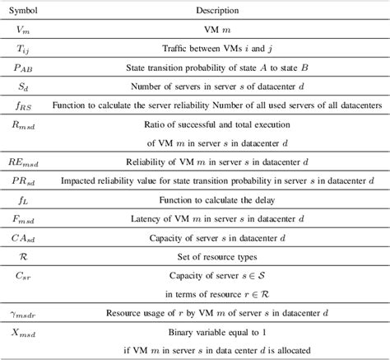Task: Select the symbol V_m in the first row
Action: point(24,30)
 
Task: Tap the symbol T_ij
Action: point(24,49)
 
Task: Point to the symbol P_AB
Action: point(25,68)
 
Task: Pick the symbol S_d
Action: point(24,86)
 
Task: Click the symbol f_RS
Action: point(25,105)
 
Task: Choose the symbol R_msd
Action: point(25,124)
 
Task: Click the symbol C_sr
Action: point(24,275)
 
